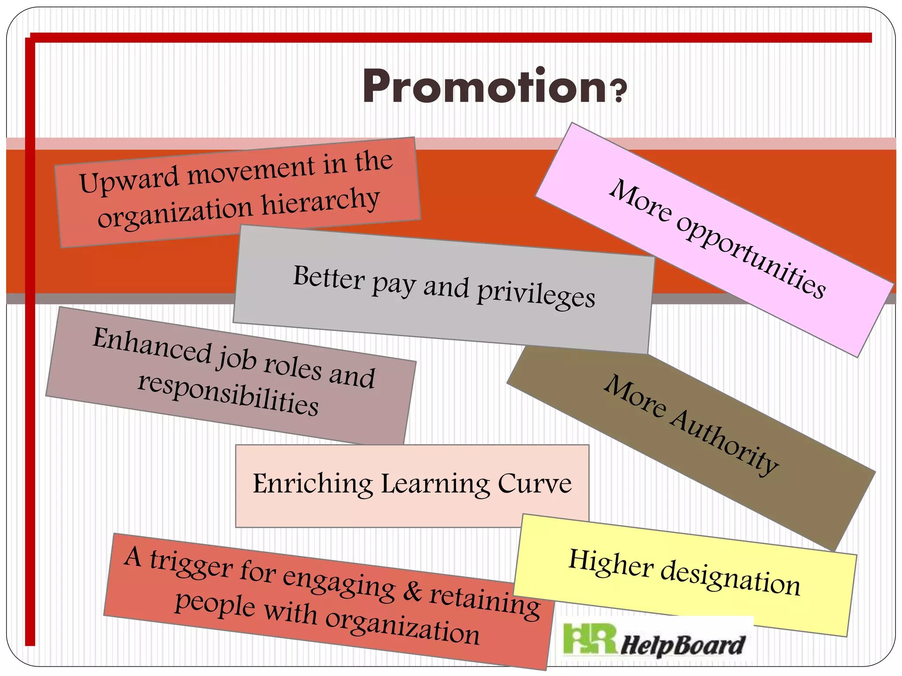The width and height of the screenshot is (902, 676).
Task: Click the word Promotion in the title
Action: click(484, 87)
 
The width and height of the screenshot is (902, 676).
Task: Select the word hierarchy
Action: click(321, 202)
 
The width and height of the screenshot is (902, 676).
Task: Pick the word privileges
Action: click(536, 294)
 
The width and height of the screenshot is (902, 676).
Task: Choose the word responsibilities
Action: click(228, 393)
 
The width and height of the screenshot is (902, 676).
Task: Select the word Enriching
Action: click(313, 484)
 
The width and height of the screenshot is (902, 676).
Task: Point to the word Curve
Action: click(535, 484)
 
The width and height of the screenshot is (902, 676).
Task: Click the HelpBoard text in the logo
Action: click(683, 645)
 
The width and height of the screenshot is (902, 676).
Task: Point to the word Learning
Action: click(435, 485)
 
